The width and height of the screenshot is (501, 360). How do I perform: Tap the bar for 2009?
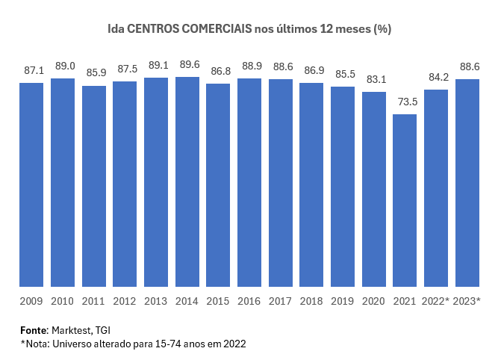click(31, 184)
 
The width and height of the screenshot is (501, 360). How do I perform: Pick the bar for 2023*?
click(467, 182)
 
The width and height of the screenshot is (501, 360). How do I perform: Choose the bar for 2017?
click(281, 182)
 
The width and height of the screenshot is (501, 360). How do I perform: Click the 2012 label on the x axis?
click(125, 301)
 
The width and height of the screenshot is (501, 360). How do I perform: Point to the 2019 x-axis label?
click(343, 301)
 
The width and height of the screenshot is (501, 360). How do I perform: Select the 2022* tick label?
click(436, 301)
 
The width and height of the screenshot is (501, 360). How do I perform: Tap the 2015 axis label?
click(218, 301)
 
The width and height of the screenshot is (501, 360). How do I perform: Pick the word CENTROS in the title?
click(153, 28)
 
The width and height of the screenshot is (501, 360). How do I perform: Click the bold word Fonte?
click(34, 329)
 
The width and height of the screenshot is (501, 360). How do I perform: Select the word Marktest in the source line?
click(72, 329)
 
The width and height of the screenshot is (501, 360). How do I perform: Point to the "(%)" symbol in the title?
click(382, 28)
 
